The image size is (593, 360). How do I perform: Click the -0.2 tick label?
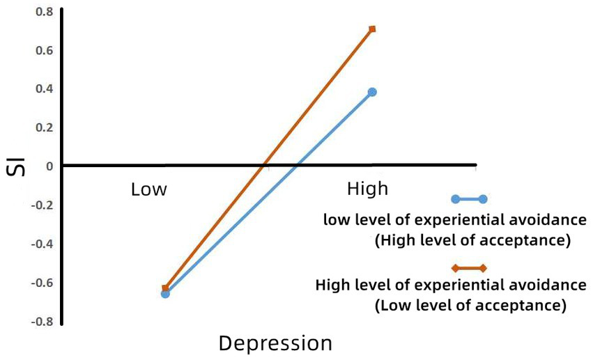coord(40,205)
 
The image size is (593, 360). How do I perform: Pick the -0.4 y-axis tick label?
coord(40,244)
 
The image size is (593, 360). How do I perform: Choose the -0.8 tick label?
coord(40,322)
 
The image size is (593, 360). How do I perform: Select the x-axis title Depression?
coord(275,343)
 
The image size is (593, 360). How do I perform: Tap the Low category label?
coord(149,189)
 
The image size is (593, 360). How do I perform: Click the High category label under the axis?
coord(367,189)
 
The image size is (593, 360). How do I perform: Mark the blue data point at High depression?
coord(372,92)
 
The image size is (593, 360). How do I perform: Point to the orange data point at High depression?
coord(372,29)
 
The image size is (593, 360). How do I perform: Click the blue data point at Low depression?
coord(165,294)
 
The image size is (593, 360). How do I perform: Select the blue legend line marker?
coord(469,199)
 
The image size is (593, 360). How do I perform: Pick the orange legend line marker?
coord(469,268)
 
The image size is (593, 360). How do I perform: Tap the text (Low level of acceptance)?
coord(470,305)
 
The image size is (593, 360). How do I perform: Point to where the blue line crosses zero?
coord(296,166)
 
